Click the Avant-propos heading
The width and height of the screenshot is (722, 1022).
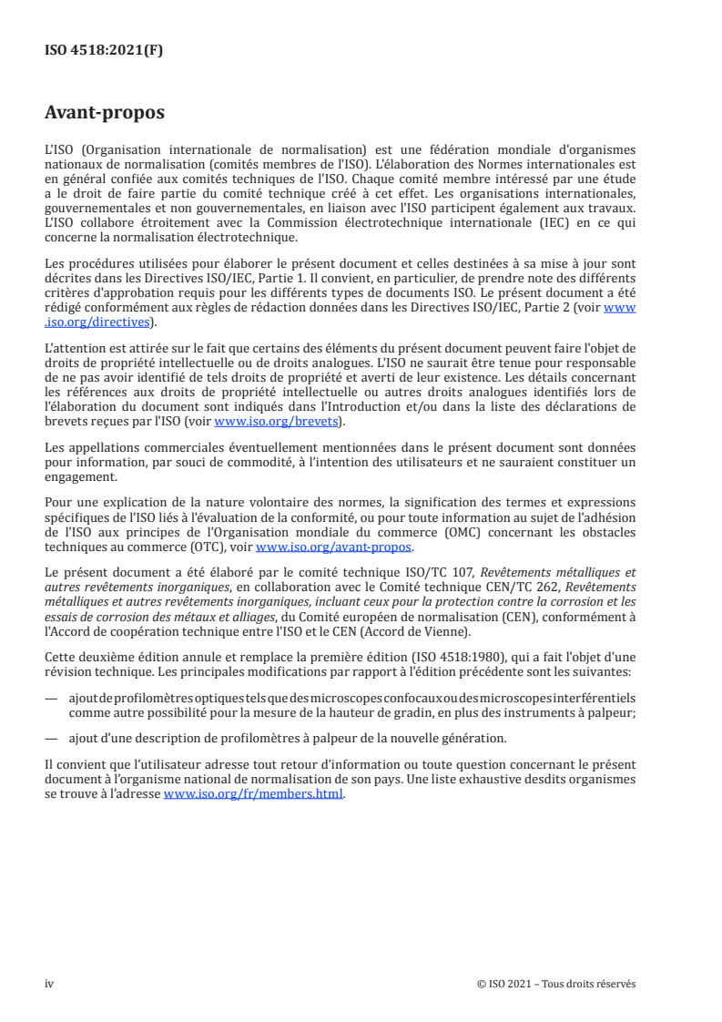coord(105,114)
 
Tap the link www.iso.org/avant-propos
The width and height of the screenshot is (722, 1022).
coord(334,547)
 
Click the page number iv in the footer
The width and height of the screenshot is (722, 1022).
coord(49,984)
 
